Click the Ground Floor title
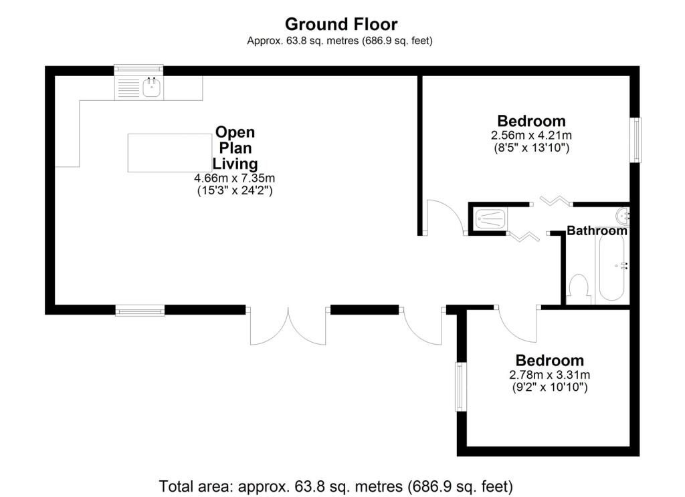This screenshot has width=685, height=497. click(x=341, y=25)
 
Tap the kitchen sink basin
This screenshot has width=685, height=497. click(x=152, y=88)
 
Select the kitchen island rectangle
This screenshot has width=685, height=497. click(x=169, y=153)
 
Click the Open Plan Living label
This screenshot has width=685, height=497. click(x=235, y=148)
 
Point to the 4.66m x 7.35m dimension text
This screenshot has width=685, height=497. click(x=235, y=178)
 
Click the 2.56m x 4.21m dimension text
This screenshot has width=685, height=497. click(x=532, y=135)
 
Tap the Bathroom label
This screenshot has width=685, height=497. click(x=597, y=230)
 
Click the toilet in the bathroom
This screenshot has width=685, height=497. click(x=579, y=289)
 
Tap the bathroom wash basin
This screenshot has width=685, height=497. click(x=623, y=215)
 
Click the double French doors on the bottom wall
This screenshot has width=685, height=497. click(x=288, y=325)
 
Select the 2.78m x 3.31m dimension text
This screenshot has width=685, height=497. click(x=550, y=375)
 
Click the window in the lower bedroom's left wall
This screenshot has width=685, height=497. click(x=461, y=387)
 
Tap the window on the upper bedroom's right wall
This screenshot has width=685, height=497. click(x=635, y=140)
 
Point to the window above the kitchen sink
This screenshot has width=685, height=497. click(x=138, y=70)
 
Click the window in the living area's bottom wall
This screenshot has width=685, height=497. click(x=140, y=310)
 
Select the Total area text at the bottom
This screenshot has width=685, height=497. click(x=336, y=486)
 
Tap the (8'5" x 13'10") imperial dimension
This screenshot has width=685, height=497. click(x=532, y=148)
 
